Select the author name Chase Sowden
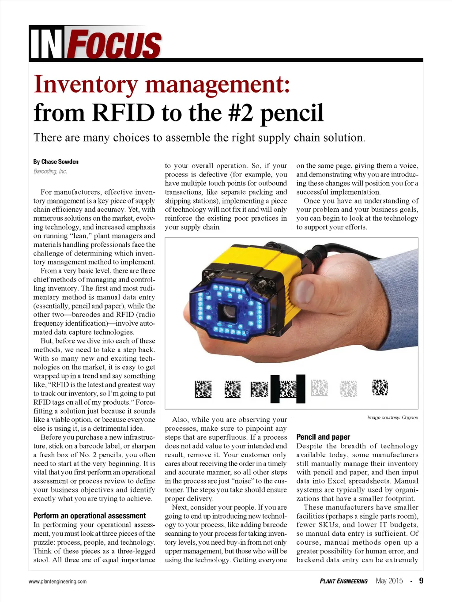[56, 162]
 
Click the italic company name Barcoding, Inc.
[50, 171]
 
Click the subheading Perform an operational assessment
[89, 515]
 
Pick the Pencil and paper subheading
[323, 437]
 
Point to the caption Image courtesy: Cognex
[392, 418]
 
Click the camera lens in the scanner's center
[229, 312]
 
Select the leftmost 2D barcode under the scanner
[203, 389]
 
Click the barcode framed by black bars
[288, 389]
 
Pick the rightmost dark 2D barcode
[380, 388]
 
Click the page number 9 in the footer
[421, 581]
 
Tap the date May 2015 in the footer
[389, 581]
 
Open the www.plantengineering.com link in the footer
[57, 582]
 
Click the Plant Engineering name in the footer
[343, 581]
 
